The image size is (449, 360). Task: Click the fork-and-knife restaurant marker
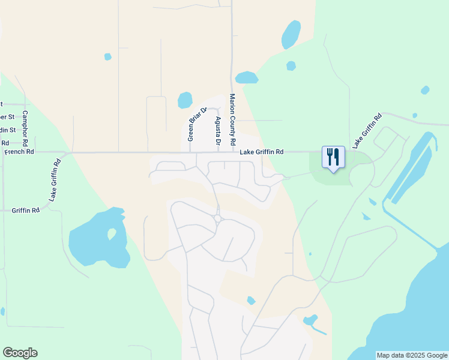click(x=333, y=157)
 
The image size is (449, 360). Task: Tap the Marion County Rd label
click(x=232, y=121)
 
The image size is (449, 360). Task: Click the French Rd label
click(x=19, y=152)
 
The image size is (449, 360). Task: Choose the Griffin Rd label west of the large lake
click(x=25, y=211)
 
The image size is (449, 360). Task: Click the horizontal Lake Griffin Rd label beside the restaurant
click(x=261, y=152)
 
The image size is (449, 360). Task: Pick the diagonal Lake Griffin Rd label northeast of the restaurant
click(x=367, y=131)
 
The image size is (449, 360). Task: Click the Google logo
click(x=20, y=353)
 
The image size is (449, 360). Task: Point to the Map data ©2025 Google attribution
click(x=412, y=355)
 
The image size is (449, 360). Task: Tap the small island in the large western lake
click(x=112, y=233)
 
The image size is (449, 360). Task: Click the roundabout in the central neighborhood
click(x=218, y=218)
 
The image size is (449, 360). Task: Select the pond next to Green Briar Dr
click(x=185, y=100)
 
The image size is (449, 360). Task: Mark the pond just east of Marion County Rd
click(x=247, y=77)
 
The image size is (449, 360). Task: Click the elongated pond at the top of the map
click(x=291, y=35)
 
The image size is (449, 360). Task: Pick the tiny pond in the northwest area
click(x=107, y=57)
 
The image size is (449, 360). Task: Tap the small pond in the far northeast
click(x=425, y=90)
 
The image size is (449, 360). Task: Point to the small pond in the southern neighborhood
click(x=251, y=300)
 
